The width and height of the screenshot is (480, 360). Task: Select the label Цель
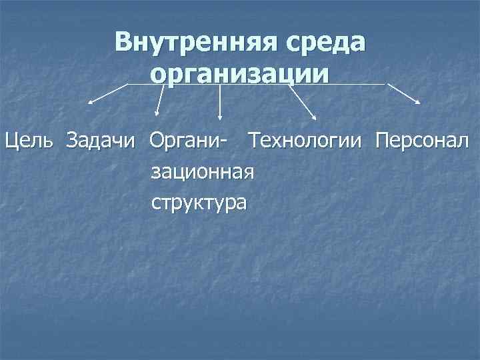(31, 141)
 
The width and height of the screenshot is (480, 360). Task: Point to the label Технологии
(305, 141)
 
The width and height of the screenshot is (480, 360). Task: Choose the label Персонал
(422, 141)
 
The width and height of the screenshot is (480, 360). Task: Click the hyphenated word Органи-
(187, 142)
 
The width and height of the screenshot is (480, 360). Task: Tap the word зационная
(203, 172)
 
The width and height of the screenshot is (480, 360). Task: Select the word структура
(199, 202)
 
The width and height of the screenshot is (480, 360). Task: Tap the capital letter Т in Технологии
(253, 141)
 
